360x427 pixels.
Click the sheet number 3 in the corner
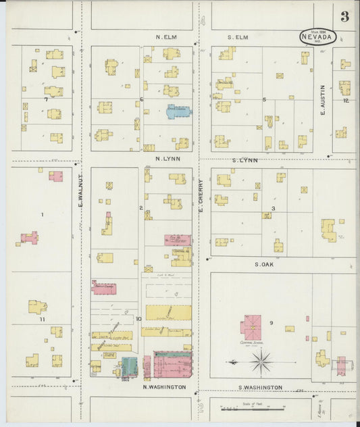344,17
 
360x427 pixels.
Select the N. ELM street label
166,36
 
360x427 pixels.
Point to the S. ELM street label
238,36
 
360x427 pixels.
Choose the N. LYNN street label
167,159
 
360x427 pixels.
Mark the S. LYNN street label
245,160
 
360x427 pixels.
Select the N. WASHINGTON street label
163,387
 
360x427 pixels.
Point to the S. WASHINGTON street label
261,387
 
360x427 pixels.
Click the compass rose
260,363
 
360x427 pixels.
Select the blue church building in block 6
179,111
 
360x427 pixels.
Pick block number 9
272,323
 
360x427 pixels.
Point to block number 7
46,99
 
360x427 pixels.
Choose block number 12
345,101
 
